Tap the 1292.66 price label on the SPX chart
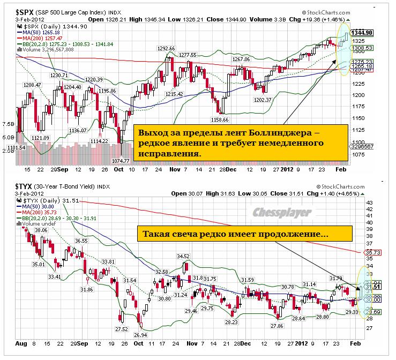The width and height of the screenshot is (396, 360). click(x=166, y=49)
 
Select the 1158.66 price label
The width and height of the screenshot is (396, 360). click(x=220, y=119)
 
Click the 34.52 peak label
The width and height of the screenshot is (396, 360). click(x=184, y=256)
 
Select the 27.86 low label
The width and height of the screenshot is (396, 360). click(x=277, y=325)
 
